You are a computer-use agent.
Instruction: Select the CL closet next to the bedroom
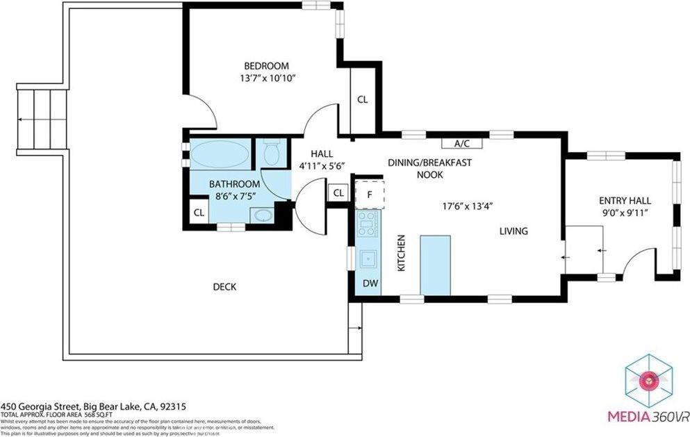click(362, 99)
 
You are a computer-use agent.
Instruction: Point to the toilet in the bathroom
click(272, 153)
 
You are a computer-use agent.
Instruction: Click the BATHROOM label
click(235, 184)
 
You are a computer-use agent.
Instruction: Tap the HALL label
click(321, 154)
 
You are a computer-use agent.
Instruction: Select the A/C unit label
click(462, 144)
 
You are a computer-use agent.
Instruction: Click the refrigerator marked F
click(369, 194)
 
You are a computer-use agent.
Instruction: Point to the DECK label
click(224, 286)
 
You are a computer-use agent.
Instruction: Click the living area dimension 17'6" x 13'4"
click(468, 206)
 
